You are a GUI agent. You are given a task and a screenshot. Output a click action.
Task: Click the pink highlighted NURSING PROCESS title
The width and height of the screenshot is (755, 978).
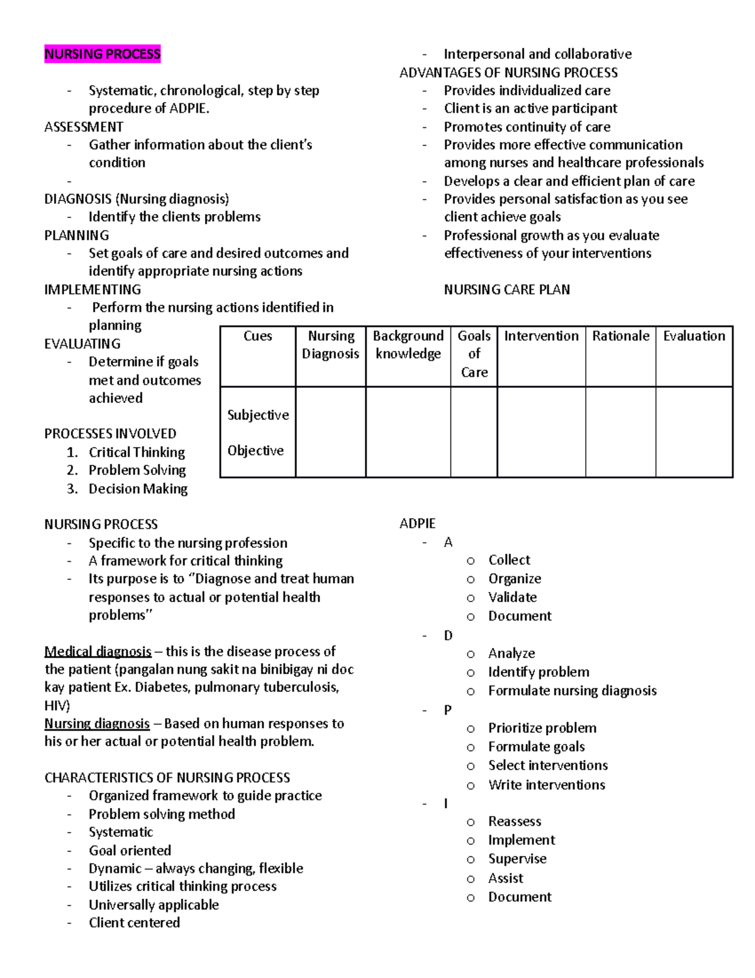[102, 54]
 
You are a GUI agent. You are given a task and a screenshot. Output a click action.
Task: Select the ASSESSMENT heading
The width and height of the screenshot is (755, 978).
[84, 127]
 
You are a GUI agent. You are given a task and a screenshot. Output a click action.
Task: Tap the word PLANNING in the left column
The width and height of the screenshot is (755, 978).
[76, 235]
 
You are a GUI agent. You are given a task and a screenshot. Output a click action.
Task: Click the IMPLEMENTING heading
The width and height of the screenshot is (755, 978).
[92, 290]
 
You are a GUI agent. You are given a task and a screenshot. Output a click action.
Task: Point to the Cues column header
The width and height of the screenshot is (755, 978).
[258, 336]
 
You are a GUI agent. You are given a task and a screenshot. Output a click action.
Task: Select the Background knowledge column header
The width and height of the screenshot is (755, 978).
[408, 345]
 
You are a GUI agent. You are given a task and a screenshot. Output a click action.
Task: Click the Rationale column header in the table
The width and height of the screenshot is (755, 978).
[620, 336]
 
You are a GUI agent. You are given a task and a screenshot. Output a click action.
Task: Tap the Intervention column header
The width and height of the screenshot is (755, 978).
[541, 336]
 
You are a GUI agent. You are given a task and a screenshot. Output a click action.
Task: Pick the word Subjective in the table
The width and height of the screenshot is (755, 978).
[258, 415]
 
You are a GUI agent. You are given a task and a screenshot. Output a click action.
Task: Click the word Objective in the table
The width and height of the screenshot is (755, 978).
[255, 451]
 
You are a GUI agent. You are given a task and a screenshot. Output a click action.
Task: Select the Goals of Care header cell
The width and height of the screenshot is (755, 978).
[474, 354]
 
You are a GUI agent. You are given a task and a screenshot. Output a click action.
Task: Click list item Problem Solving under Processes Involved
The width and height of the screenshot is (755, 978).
[137, 470]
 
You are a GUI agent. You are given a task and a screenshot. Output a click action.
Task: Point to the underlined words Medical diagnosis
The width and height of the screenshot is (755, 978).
[98, 651]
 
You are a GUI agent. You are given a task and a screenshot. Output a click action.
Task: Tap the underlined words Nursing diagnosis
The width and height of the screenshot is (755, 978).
[97, 724]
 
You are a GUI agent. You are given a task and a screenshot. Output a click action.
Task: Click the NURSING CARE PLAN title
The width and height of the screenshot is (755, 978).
[506, 290]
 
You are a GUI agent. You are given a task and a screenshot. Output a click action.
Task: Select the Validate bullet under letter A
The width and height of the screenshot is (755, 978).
[512, 597]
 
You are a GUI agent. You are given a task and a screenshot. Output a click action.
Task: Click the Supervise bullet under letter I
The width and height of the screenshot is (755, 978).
[517, 859]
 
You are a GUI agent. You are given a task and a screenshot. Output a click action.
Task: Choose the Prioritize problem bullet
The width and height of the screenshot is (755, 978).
[542, 728]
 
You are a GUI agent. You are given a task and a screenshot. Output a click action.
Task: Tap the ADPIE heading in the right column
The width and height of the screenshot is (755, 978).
[417, 524]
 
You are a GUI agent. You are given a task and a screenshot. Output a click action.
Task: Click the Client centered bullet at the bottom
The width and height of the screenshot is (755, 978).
[134, 923]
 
